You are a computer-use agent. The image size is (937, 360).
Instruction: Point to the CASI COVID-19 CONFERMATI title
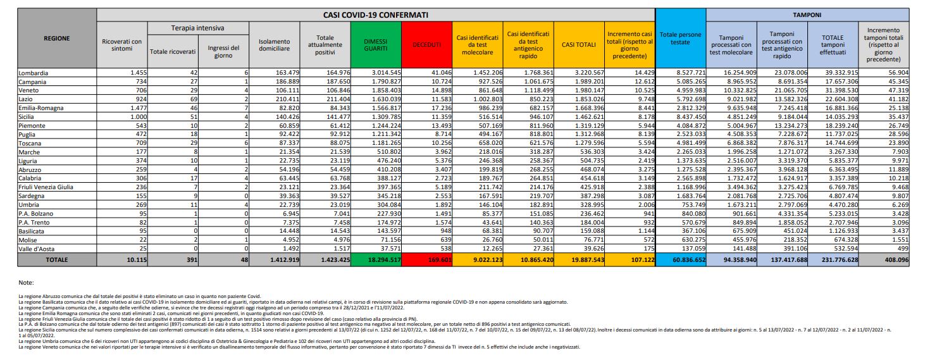click(376, 14)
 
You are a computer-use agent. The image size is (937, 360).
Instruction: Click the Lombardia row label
click(33, 73)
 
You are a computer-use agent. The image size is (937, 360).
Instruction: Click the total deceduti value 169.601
click(431, 259)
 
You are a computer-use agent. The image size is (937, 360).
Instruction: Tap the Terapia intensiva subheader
click(198, 28)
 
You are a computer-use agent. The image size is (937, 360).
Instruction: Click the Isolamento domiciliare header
click(274, 44)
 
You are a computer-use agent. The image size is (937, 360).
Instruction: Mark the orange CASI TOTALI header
click(577, 44)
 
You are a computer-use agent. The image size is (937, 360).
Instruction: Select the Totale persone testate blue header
click(681, 38)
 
